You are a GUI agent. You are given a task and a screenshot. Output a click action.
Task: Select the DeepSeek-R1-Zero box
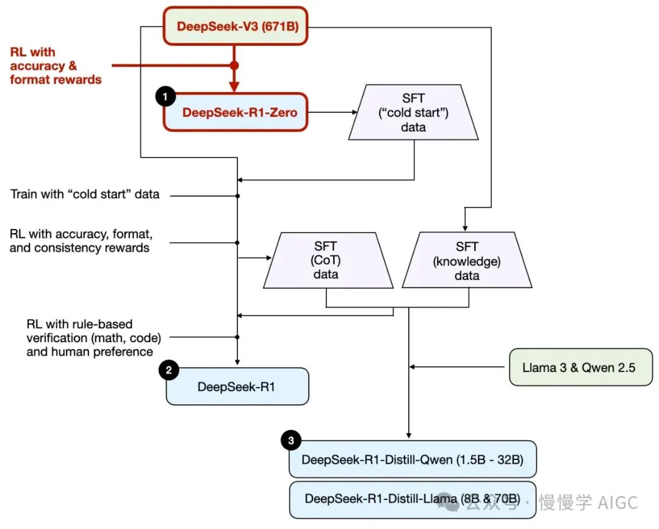point(235,112)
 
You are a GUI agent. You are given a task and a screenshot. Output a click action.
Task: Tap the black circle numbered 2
point(168,370)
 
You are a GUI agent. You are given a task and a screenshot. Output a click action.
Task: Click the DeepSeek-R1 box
point(237,386)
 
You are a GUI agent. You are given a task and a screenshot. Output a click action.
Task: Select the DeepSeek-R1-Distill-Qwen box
point(412,459)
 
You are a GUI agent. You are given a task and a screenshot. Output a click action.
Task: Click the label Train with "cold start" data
point(85,195)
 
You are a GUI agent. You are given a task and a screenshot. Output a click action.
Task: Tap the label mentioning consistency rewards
point(81,242)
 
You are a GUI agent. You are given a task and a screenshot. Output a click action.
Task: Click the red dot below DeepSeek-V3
point(234,65)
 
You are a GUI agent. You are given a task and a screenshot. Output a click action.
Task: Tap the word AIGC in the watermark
point(618,502)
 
